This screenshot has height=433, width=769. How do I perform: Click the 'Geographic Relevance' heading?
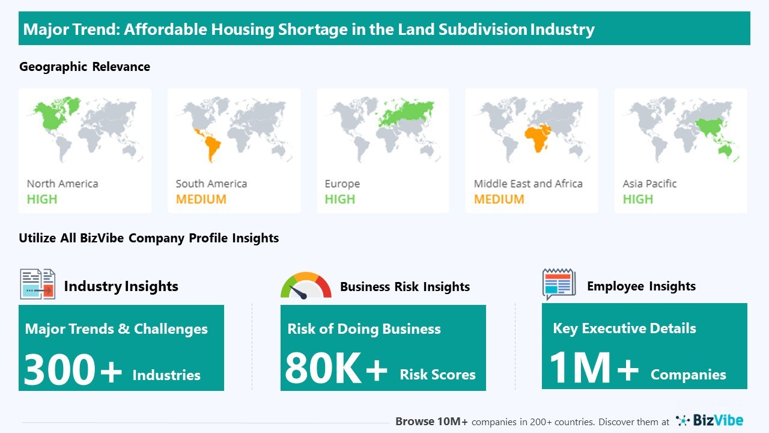[x=85, y=67]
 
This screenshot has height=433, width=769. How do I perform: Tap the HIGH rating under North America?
[x=42, y=199]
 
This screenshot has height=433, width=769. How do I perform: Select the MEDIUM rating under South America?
[x=201, y=199]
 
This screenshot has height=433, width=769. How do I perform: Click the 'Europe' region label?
[x=342, y=184]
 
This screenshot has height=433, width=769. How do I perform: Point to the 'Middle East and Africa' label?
[x=528, y=184]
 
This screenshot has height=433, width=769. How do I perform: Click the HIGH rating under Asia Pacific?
[x=637, y=199]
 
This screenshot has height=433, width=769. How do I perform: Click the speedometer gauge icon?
[x=306, y=286]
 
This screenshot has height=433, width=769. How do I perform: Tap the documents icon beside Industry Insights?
[x=38, y=284]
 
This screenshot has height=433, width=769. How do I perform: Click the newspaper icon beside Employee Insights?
[x=559, y=284]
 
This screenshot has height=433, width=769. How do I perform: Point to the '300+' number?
[x=73, y=369]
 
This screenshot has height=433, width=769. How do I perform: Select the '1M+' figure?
[x=594, y=367]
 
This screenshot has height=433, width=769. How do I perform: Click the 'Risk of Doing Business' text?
[x=364, y=329]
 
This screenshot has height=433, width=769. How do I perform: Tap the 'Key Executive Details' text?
[x=624, y=328]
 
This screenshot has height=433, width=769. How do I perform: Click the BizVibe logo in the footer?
[x=710, y=420]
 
